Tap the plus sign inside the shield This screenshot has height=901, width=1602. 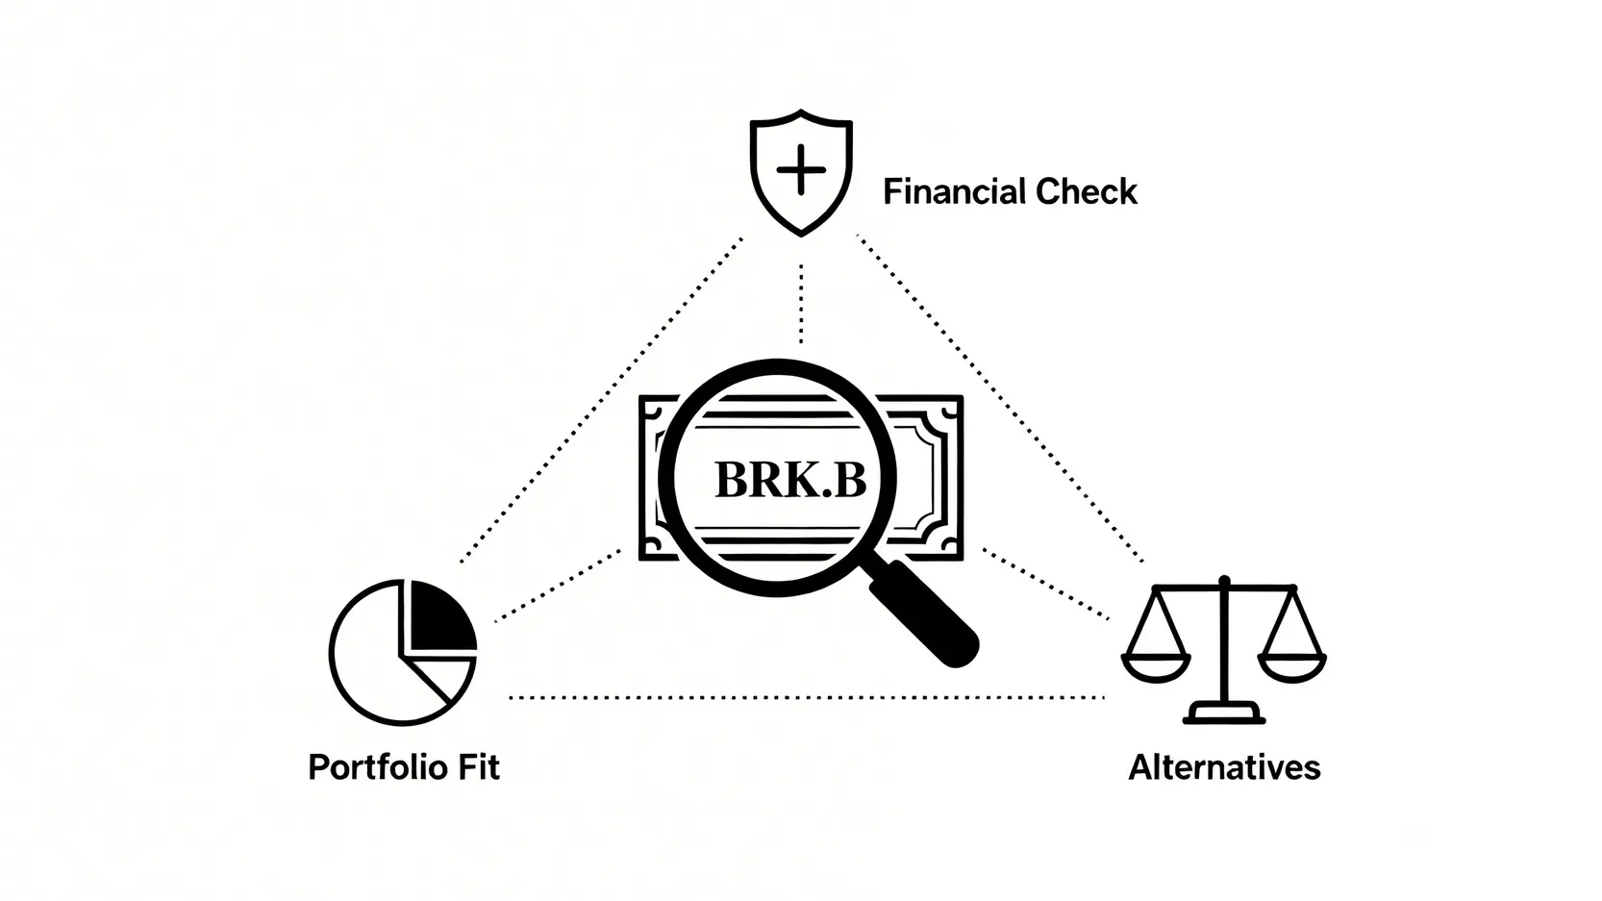[x=800, y=170]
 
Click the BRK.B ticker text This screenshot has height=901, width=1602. [x=789, y=479]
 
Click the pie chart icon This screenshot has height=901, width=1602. [x=403, y=652]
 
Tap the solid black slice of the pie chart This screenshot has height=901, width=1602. [x=440, y=616]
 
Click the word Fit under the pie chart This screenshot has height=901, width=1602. [x=478, y=767]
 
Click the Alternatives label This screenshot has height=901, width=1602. [x=1223, y=767]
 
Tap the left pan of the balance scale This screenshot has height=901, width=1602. [x=1156, y=665]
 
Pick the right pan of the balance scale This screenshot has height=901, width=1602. [x=1292, y=665]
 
